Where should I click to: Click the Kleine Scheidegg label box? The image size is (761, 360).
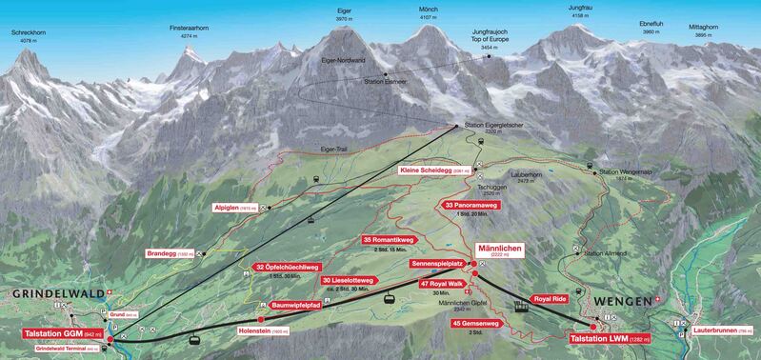(x=436, y=170)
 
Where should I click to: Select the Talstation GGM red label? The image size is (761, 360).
(x=65, y=335)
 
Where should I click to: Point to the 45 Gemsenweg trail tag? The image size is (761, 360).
(x=478, y=323)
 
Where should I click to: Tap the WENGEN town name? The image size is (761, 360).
(x=622, y=300)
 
